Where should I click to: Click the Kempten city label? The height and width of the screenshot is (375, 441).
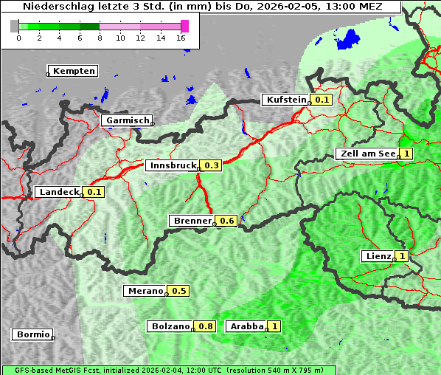coord(74,71)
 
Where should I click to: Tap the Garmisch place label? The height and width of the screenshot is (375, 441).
coord(127,120)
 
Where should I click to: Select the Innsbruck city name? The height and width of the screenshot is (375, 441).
coord(172,165)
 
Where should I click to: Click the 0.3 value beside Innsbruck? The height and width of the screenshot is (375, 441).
coord(212,165)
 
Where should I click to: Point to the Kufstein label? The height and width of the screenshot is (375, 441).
coord(285,100)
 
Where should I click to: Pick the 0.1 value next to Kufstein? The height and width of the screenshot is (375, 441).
coord(322,100)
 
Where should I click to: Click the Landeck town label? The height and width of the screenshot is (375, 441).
coord(58,192)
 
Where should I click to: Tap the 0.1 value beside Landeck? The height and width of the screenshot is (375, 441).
coord(94,192)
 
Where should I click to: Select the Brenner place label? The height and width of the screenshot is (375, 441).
coord(192,221)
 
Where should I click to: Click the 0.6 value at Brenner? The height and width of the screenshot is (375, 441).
coord(226,221)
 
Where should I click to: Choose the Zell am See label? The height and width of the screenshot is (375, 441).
coord(367,154)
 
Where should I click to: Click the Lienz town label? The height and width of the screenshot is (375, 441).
coord(377,256)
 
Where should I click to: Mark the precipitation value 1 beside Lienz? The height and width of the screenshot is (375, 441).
coord(401,256)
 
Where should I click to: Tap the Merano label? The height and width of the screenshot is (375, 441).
coord(144,291)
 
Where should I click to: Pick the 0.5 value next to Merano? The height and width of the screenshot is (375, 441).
coord(178,291)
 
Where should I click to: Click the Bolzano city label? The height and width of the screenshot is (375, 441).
coord(170,326)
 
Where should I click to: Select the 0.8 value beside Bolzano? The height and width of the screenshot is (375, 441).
coord(206,326)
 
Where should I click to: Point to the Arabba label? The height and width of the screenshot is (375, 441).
coord(246,326)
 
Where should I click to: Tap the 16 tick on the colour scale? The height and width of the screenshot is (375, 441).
coord(181,37)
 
